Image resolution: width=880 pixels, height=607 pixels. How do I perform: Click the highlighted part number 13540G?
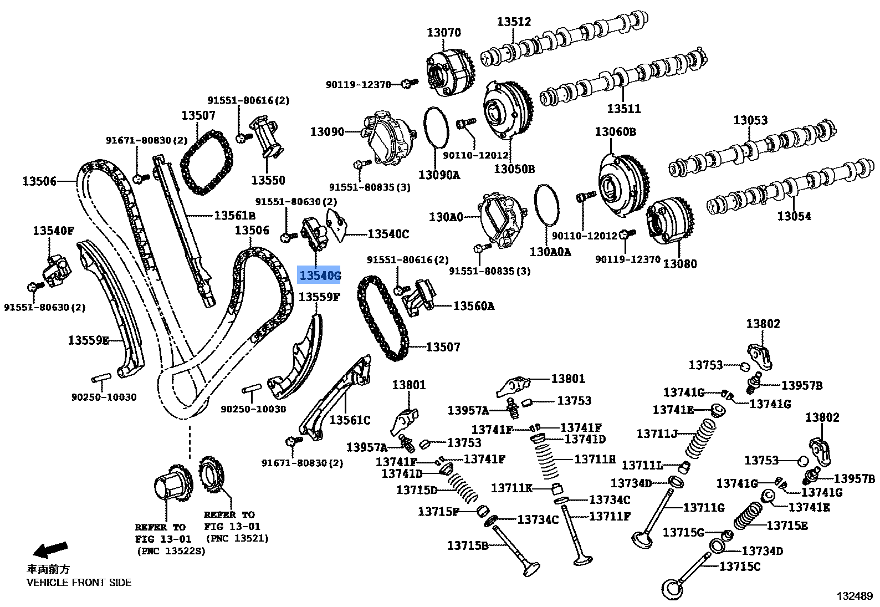point(320,275)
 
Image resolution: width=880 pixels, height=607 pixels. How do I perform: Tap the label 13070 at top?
point(443,33)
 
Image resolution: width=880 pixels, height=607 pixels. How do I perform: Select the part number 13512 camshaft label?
point(514,22)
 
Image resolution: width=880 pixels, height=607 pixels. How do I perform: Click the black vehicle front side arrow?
point(50,550)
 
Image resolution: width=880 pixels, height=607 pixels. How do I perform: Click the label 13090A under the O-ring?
point(439,175)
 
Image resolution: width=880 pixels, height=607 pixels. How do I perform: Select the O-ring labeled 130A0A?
point(547,205)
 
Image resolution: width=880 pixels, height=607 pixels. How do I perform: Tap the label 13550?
point(268,180)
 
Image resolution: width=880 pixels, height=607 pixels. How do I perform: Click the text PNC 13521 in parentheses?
point(237,538)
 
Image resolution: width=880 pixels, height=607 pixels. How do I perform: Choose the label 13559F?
point(319,297)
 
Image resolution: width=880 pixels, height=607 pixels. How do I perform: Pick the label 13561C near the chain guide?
point(350,420)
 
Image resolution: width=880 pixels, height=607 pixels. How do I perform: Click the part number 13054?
point(794,216)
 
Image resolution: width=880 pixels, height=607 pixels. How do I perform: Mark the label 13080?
point(680,264)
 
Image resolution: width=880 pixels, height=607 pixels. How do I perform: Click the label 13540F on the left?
point(53,231)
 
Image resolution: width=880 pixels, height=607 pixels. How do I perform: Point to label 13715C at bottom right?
point(740,567)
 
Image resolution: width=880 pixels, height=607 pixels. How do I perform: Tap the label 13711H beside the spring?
point(595,459)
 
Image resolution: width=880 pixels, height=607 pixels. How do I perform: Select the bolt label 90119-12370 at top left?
point(358,84)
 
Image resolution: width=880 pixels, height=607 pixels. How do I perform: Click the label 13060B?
point(615,132)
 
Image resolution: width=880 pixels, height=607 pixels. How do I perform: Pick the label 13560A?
point(473,305)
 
